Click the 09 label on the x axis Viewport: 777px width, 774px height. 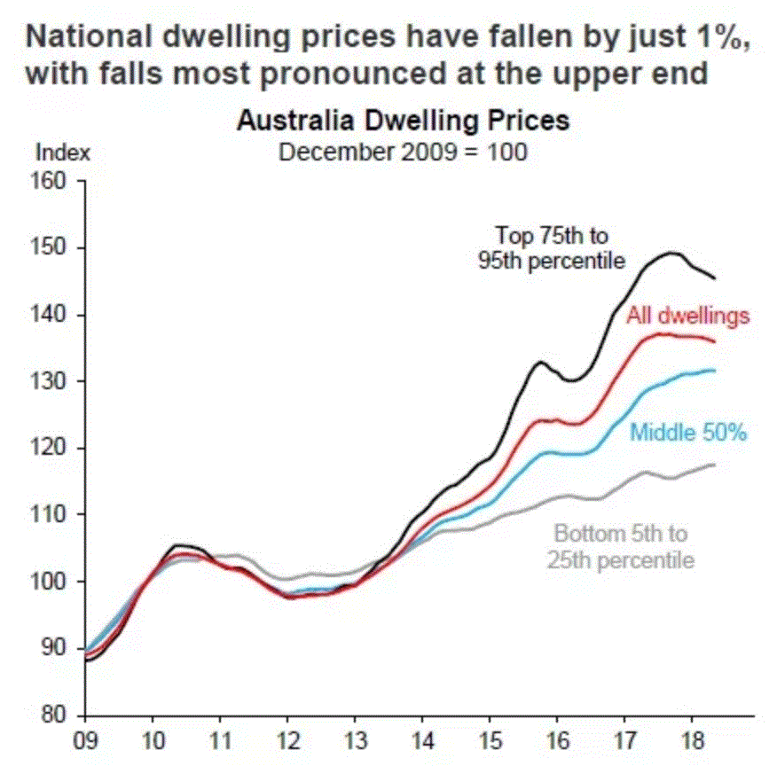(x=85, y=738)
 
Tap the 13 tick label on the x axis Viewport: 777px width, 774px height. (x=354, y=738)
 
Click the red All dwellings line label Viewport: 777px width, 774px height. (x=688, y=315)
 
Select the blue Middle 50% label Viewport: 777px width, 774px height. (x=689, y=433)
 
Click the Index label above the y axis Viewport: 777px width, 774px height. (x=63, y=152)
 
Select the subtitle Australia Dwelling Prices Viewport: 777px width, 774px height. (x=403, y=121)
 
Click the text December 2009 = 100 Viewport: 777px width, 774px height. (x=403, y=152)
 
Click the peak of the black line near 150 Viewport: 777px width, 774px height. (x=671, y=253)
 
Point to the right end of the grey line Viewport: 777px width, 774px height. (x=715, y=465)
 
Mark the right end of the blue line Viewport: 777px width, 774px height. (x=715, y=371)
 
